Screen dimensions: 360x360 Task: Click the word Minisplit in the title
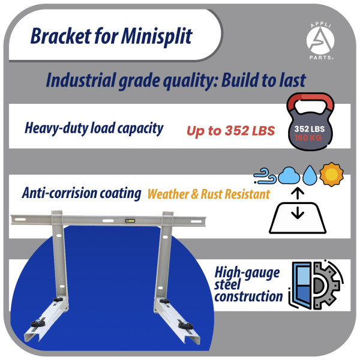point(157,36)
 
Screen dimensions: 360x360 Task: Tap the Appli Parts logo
point(320,41)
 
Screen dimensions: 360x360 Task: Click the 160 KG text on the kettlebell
point(308,138)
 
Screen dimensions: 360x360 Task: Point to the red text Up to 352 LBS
point(231,131)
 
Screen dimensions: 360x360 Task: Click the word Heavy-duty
point(56,128)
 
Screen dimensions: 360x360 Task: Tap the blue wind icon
point(265,176)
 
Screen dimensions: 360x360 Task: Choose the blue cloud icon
point(289,175)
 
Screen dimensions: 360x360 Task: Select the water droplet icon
point(310,175)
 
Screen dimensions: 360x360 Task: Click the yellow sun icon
point(332,174)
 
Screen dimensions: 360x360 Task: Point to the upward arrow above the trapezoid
point(298,193)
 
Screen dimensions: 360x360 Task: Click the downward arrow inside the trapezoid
point(298,212)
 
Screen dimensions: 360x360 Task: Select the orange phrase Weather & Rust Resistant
point(209,194)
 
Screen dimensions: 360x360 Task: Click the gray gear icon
point(326,286)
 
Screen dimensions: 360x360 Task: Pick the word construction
point(248,296)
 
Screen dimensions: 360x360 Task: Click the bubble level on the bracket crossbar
point(130,221)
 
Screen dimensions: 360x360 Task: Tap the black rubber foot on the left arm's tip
point(38,323)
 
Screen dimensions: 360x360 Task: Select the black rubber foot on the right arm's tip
point(185,325)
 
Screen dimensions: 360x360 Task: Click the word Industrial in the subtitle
point(80,80)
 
